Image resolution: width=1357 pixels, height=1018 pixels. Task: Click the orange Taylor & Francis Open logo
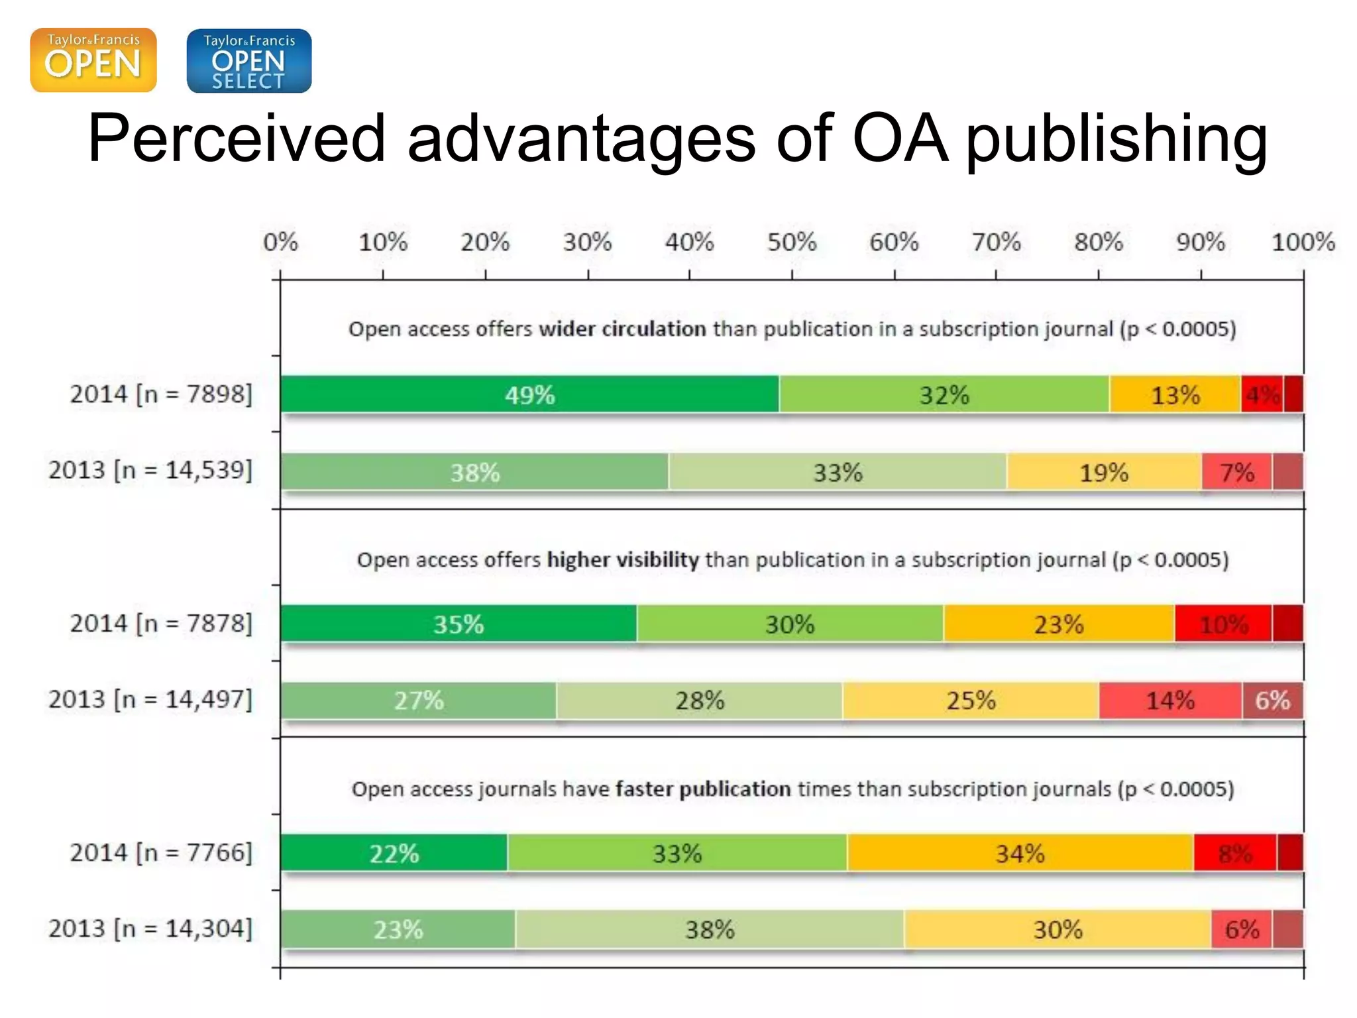[x=93, y=60]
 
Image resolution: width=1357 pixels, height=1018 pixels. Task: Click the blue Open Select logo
[x=248, y=60]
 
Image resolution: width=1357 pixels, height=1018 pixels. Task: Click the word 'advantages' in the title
[x=581, y=139]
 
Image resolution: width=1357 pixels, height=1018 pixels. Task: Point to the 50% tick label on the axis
[x=791, y=243]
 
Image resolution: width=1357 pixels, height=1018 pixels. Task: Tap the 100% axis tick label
[x=1302, y=243]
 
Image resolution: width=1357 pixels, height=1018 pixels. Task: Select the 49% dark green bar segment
[x=529, y=395]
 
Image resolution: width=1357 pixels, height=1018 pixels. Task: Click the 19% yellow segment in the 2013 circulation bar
[x=1103, y=473]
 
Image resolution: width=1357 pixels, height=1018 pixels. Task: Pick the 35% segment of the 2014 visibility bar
[x=459, y=624]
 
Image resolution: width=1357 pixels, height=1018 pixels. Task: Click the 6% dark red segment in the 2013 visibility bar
[x=1272, y=701]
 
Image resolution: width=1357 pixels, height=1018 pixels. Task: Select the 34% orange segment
[x=1020, y=853]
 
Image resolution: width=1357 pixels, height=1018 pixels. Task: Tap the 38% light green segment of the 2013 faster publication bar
[x=710, y=929]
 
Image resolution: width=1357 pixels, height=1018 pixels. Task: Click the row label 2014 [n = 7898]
[x=161, y=394]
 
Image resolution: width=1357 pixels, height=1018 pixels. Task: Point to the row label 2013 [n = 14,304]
[x=150, y=929]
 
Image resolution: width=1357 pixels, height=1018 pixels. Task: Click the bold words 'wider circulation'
[x=622, y=329]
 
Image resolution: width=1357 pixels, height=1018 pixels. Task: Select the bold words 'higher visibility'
[x=622, y=560]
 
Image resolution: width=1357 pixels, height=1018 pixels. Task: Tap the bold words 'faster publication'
[x=702, y=789]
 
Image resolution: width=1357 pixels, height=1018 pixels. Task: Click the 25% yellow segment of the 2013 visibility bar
[x=971, y=701]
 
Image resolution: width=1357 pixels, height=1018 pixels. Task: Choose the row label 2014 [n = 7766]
[x=161, y=853]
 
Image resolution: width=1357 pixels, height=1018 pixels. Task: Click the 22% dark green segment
[x=394, y=853]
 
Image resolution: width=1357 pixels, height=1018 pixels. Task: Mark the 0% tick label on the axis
[x=280, y=243]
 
